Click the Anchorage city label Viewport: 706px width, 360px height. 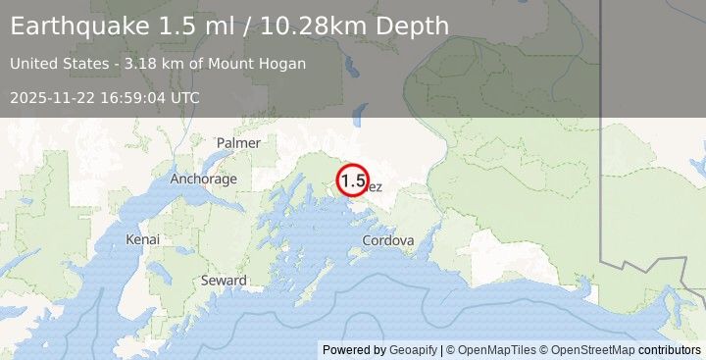tap(203, 180)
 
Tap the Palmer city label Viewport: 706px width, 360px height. tap(238, 143)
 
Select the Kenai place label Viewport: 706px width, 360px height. tap(142, 239)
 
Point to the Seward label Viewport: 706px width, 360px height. tap(224, 281)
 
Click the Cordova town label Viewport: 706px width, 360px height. tap(387, 240)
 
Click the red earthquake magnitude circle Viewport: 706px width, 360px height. tap(353, 180)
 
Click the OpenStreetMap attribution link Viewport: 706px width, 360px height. tap(591, 350)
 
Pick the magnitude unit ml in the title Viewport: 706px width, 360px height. tap(219, 26)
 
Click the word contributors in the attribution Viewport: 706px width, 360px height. tap(670, 350)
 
